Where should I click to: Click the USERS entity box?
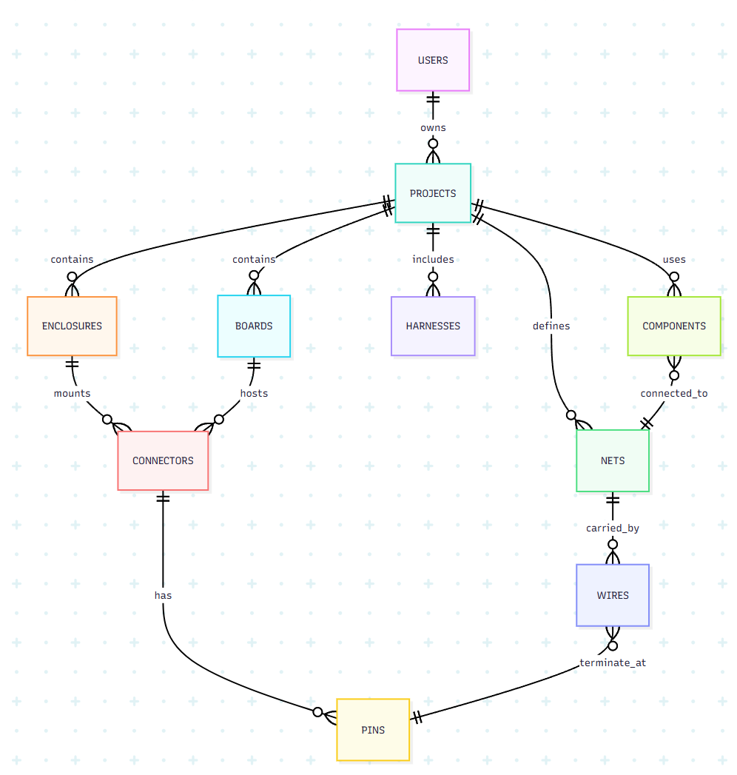(x=433, y=60)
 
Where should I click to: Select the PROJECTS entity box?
(x=433, y=193)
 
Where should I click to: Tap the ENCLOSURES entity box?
(x=72, y=326)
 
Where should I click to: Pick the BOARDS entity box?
(x=254, y=326)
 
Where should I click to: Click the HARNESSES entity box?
(x=433, y=326)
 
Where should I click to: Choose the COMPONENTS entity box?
(x=673, y=326)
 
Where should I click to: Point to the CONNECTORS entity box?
(x=163, y=460)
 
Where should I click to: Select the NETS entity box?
(x=613, y=460)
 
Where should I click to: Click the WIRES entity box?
(x=613, y=595)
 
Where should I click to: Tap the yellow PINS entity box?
(x=373, y=730)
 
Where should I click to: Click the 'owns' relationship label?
(x=433, y=127)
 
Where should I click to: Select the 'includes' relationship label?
(x=433, y=259)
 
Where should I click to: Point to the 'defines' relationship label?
(x=551, y=326)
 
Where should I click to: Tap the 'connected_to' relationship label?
(x=673, y=393)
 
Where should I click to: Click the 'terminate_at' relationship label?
(x=613, y=662)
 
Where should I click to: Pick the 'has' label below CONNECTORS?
(x=163, y=594)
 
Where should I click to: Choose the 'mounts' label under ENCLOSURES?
(x=72, y=393)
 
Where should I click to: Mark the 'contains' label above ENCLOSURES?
(x=72, y=259)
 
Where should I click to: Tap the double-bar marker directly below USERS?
(x=433, y=99)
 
